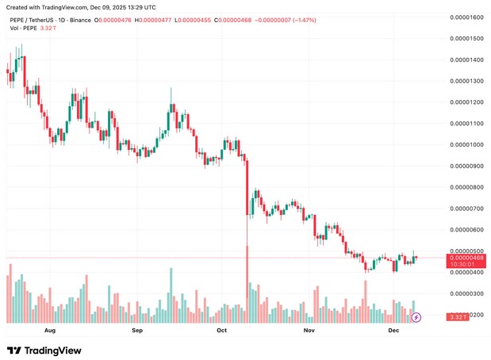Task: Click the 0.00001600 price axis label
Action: pos(466,17)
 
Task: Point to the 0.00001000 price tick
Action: pos(466,145)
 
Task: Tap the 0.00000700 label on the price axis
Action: pos(466,209)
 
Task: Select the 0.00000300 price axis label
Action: pos(466,294)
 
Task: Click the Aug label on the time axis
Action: pos(51,329)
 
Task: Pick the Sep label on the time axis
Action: pos(136,329)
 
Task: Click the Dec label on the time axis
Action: pos(393,329)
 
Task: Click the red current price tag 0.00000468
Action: pos(466,257)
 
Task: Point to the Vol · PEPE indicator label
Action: pos(23,28)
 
